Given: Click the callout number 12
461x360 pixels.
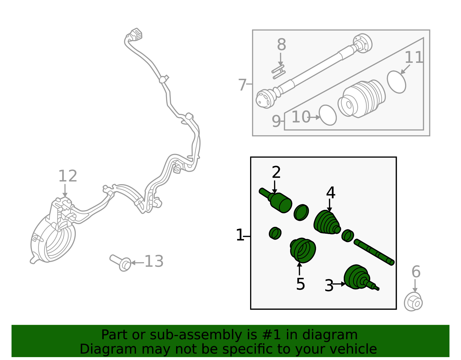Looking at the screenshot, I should [x=68, y=176].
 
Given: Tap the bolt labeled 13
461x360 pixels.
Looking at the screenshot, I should [x=120, y=262].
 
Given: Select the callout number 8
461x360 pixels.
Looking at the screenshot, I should [x=281, y=45].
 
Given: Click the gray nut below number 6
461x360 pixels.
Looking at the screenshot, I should [x=413, y=302].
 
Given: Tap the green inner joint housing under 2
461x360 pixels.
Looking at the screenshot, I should [x=280, y=203].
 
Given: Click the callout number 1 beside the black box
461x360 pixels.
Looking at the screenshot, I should [x=240, y=235].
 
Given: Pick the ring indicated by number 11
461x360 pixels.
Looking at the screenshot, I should [x=396, y=82].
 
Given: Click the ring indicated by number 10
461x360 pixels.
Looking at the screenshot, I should [x=328, y=115].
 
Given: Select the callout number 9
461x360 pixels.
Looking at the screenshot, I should [x=276, y=121].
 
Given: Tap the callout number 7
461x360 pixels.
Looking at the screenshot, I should [x=242, y=85].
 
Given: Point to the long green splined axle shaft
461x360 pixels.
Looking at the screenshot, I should [x=374, y=252].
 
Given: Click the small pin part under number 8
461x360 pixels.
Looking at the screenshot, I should [x=278, y=72].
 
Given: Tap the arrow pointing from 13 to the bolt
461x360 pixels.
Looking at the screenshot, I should [x=137, y=263].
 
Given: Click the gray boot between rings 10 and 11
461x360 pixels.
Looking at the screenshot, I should [x=362, y=99].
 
